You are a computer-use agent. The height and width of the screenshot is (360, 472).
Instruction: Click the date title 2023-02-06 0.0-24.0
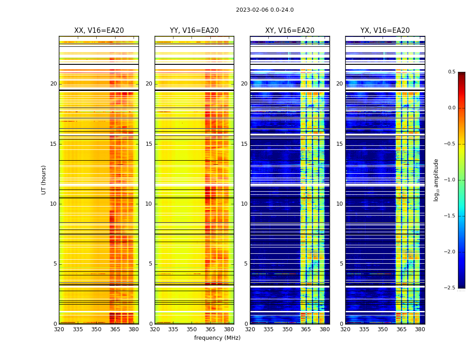pos(265,10)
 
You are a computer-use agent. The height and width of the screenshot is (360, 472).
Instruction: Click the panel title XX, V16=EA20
pos(99,31)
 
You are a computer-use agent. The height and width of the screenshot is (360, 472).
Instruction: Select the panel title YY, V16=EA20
pos(194,31)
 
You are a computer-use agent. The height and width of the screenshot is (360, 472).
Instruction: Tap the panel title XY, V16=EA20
pos(290,31)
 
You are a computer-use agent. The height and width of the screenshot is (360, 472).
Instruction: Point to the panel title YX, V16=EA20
pos(385,31)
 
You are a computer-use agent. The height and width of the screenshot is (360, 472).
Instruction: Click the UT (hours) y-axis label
pos(44,180)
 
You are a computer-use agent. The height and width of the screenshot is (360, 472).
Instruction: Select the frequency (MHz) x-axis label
pos(217,338)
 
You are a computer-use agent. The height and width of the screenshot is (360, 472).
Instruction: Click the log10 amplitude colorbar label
pos(436,180)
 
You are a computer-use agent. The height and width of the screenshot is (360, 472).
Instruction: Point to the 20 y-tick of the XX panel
pos(53,84)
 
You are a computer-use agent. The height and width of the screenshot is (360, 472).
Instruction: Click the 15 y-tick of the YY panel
pos(149,144)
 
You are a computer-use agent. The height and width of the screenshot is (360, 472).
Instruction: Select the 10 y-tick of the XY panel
pos(245,204)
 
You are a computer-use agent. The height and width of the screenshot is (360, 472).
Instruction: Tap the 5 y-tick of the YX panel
pos(342,264)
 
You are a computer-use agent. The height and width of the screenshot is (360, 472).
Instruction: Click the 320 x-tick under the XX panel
pos(59,329)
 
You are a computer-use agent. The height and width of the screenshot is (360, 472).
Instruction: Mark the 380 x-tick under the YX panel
pos(420,329)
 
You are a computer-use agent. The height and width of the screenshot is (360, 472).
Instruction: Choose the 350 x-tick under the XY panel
pos(287,329)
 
